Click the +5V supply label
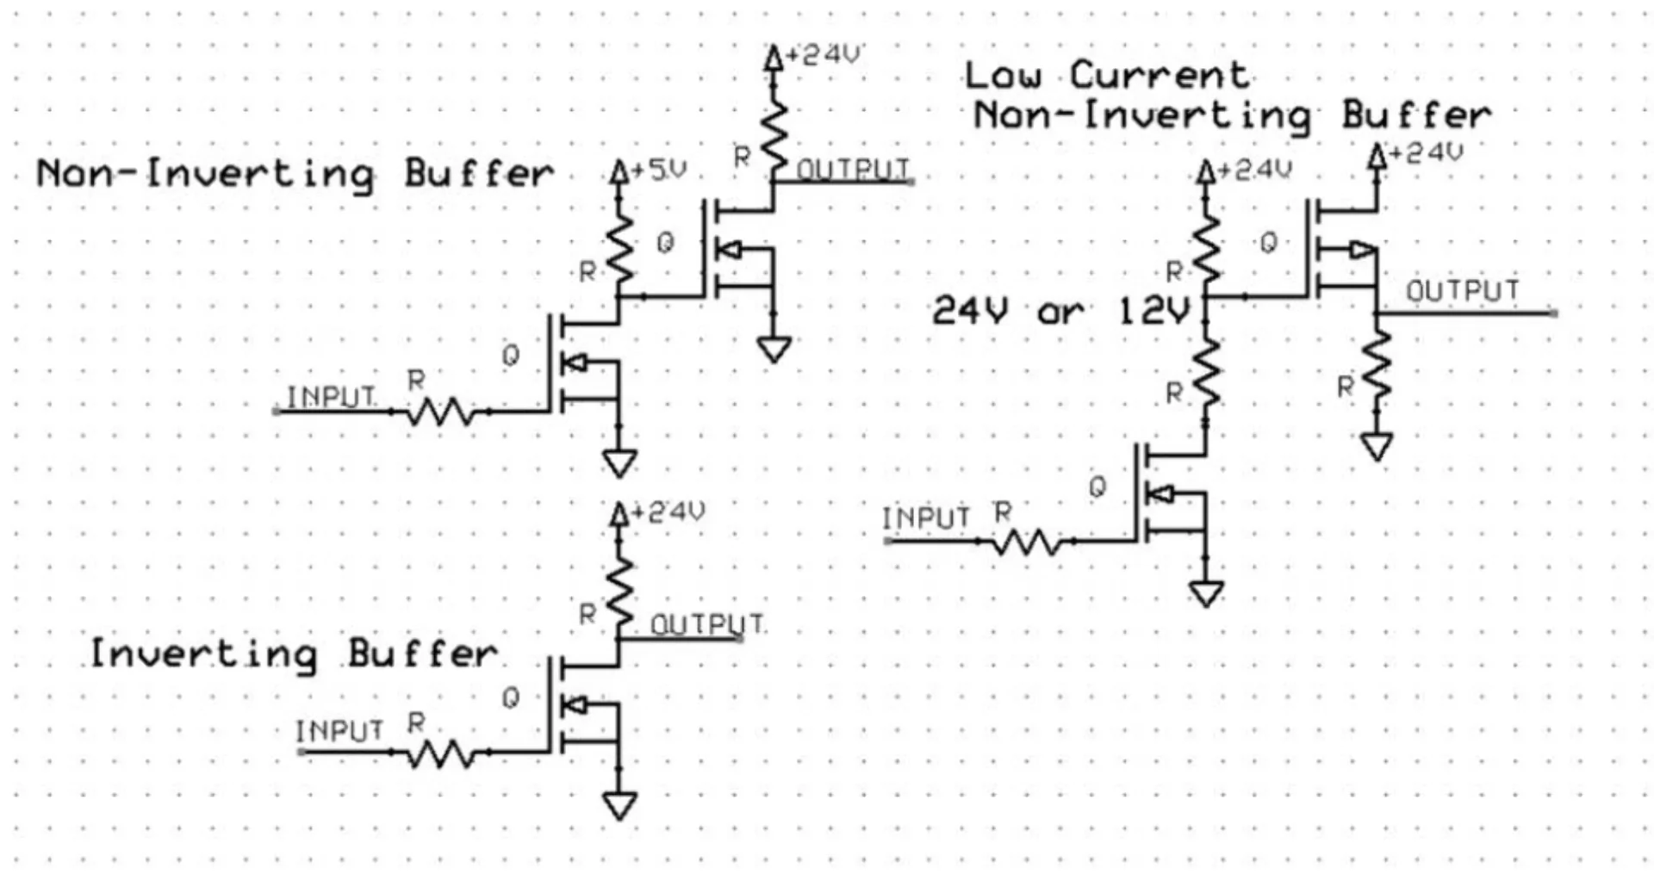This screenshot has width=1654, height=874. [659, 170]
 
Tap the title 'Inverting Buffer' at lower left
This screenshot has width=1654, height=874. [294, 654]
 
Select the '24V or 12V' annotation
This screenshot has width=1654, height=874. [1060, 310]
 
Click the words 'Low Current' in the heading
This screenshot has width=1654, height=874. [1106, 75]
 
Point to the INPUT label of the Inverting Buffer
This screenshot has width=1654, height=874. [339, 731]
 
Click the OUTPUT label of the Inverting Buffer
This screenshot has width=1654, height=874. [706, 624]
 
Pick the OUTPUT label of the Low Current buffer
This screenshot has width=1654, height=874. [1462, 292]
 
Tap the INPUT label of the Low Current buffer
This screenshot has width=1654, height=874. [926, 518]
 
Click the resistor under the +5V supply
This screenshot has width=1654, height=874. [619, 250]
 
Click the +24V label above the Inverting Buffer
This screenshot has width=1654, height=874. [668, 512]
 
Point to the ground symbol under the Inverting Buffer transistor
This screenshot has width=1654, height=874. [619, 804]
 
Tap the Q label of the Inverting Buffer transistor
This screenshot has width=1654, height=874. [511, 698]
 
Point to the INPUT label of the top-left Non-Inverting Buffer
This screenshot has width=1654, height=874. [331, 397]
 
